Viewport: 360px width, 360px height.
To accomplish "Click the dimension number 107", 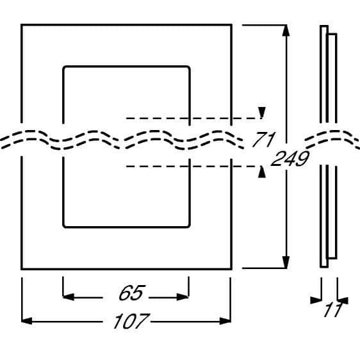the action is coord(131,321).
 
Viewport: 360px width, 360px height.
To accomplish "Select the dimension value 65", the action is coord(131,293).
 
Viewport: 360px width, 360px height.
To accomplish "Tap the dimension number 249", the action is coord(290,158).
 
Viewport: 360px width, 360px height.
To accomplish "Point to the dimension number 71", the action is coord(263,140).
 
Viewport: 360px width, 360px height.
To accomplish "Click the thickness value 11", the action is coord(333,310).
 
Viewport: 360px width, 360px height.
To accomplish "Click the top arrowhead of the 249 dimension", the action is coord(286,31).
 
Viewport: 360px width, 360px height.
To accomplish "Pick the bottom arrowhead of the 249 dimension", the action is coord(286,262).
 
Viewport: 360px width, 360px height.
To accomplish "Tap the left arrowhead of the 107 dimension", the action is coord(27,321).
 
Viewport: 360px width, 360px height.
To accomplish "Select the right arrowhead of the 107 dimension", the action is coord(225,321).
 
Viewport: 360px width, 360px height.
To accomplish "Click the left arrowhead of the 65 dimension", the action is coord(69,297).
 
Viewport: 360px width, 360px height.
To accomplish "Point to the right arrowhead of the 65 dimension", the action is coord(183,297).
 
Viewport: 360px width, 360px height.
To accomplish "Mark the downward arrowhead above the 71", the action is coord(262,113).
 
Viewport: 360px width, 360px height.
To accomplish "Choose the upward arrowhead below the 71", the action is coord(262,172).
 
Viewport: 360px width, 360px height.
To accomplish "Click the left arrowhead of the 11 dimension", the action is coord(316,300).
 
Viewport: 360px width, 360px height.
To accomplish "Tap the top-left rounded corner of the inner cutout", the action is coord(64,67).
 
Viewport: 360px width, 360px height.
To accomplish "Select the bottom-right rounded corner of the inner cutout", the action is coord(188,226).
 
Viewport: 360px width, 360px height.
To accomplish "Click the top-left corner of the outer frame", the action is coord(21,24).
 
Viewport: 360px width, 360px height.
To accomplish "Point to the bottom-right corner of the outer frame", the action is coord(231,269).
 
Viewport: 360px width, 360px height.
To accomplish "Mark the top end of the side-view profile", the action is coord(324,26).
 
